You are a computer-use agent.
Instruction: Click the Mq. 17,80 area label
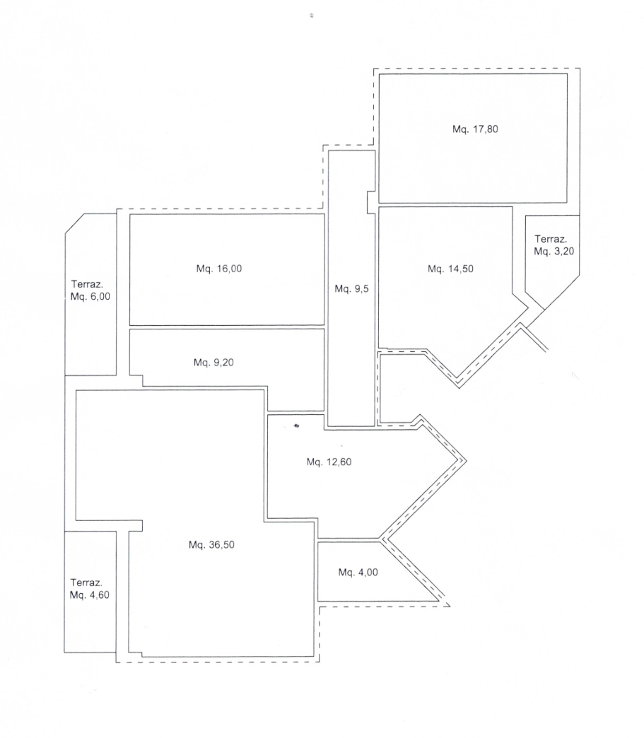pos(475,129)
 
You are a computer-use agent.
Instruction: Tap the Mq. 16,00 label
pos(219,269)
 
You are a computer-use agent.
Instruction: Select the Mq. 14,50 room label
pos(450,269)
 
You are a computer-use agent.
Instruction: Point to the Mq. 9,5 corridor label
pos(351,289)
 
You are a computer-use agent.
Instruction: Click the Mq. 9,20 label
pos(213,363)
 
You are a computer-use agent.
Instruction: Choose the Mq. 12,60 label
pos(329,462)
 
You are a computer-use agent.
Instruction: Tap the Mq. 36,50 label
pos(211,544)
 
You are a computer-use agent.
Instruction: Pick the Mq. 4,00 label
pos(358,573)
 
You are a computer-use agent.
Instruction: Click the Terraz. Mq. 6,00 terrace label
pos(90,290)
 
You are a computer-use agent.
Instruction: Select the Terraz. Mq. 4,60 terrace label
pos(90,589)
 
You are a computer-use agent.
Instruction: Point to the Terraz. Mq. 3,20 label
pos(554,245)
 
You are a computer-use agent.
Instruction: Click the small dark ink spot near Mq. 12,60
pos(297,426)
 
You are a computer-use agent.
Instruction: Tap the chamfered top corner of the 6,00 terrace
pos(74,223)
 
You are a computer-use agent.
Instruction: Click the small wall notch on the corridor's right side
pos(371,202)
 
